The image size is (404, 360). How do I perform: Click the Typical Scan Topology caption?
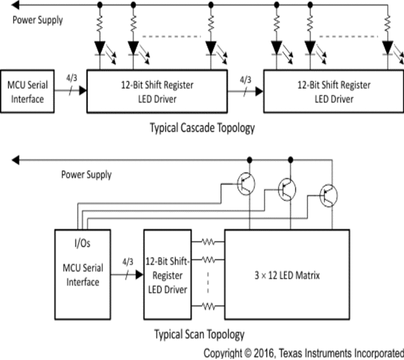[199, 334]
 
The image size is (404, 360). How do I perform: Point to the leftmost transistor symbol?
[245, 185]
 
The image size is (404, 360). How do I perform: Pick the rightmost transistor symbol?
[329, 194]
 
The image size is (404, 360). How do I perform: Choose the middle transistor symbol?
[287, 189]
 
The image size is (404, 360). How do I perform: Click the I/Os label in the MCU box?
[79, 247]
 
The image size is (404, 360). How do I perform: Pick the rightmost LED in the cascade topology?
[388, 48]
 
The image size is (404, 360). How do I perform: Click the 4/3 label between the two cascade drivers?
[245, 80]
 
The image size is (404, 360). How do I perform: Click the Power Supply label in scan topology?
[86, 174]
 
